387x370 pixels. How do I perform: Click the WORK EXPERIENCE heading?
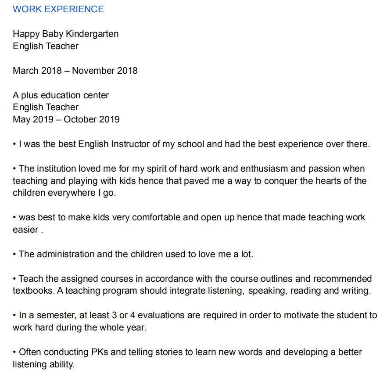click(x=58, y=9)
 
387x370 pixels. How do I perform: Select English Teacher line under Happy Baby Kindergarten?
click(x=46, y=46)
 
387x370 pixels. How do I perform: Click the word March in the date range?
click(x=25, y=71)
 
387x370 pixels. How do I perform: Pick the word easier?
click(x=25, y=230)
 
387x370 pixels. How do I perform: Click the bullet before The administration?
click(x=14, y=255)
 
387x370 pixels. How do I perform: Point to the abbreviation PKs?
click(x=101, y=352)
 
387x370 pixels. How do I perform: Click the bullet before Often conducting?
click(x=14, y=352)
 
